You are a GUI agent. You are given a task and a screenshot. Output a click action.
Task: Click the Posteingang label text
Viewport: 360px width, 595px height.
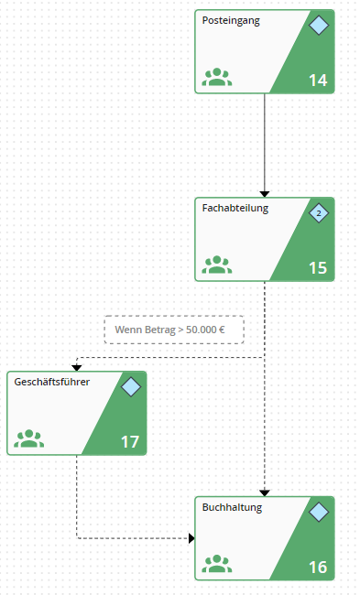pos(231,21)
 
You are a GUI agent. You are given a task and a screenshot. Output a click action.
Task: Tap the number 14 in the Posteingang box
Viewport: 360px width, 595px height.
pos(318,80)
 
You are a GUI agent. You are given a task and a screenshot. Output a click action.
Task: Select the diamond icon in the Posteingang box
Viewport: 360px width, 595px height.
pos(319,26)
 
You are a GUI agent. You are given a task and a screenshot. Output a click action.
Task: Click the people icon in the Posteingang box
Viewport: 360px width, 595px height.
pos(217,77)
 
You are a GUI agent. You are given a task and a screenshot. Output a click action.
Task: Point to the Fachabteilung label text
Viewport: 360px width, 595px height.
pos(235,209)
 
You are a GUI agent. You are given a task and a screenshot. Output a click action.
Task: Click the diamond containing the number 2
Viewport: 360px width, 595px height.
pos(319,213)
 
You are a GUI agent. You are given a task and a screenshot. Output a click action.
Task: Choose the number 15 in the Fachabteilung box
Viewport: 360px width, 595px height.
pos(318,268)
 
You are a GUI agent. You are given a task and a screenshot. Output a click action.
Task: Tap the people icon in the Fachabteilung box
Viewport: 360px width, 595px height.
pos(217,265)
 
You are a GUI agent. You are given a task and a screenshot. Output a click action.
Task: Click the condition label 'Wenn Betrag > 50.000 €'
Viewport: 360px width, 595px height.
pos(169,330)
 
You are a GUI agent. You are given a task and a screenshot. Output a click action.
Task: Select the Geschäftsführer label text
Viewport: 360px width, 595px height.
pos(52,382)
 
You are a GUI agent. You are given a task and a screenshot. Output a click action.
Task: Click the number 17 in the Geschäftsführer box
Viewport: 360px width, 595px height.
pos(130,442)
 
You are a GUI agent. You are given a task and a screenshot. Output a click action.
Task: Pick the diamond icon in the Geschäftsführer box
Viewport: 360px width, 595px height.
pos(131,387)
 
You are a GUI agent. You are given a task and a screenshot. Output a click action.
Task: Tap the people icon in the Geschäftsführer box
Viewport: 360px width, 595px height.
pos(29,438)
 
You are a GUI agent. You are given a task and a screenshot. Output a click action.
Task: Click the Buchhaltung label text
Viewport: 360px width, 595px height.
pos(232,508)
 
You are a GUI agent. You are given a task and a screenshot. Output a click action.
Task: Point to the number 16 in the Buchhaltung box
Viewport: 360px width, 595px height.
pos(318,568)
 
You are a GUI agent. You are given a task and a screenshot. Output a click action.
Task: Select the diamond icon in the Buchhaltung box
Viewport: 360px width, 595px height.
pos(319,513)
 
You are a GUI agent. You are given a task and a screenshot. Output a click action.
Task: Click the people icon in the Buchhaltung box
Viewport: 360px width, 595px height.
pos(217,564)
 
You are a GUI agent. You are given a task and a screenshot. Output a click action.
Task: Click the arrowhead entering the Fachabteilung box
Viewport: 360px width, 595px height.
pos(265,194)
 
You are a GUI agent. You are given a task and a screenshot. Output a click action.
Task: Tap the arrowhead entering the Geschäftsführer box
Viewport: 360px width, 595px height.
pos(77,368)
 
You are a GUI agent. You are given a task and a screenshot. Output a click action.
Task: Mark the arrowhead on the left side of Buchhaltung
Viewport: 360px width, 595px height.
pos(191,538)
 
